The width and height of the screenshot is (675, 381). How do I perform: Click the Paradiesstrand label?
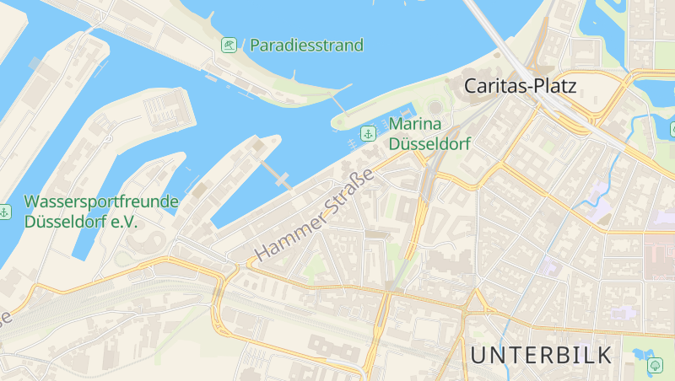click(x=306, y=45)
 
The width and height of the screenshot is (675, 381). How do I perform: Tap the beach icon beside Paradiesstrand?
click(x=229, y=45)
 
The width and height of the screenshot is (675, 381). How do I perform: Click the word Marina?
click(x=416, y=126)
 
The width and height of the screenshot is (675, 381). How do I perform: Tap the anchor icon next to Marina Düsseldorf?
click(x=368, y=133)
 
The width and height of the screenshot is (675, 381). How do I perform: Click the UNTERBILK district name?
click(x=541, y=355)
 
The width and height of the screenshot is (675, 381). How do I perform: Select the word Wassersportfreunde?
click(x=101, y=202)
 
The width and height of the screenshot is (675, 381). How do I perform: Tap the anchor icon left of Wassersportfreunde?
click(x=4, y=211)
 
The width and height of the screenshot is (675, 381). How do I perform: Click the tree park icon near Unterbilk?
click(x=655, y=365)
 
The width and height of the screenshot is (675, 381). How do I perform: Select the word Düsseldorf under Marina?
click(x=429, y=144)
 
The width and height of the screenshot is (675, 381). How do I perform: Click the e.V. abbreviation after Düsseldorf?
click(x=121, y=222)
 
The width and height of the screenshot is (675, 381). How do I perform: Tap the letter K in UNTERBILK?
click(x=603, y=355)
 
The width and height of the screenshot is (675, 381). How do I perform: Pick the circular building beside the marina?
click(x=435, y=109)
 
